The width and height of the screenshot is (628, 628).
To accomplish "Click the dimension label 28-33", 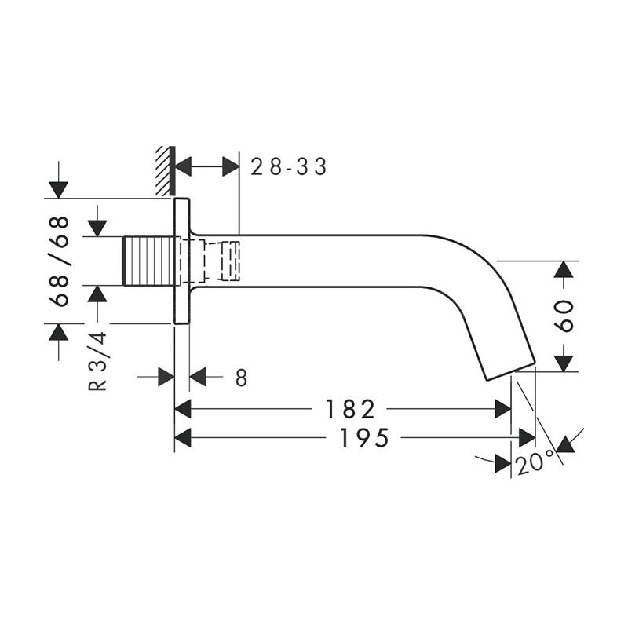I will point(288,166).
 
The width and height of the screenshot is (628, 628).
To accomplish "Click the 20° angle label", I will point(535,464).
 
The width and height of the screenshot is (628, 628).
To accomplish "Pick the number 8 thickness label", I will point(241,378).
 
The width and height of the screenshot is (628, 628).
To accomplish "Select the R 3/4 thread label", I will point(97,362).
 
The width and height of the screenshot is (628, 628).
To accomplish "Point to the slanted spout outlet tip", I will point(511,371).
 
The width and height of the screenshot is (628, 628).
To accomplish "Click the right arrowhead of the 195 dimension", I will point(527,438).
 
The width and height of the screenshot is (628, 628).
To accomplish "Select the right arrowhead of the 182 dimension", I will point(502,409).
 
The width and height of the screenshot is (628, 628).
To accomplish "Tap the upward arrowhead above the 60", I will point(563,269).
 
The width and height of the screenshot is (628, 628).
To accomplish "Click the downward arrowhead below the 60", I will point(563,363).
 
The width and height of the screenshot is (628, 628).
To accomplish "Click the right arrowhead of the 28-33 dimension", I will point(230,166).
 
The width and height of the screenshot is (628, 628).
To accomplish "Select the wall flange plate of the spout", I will point(181,261).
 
